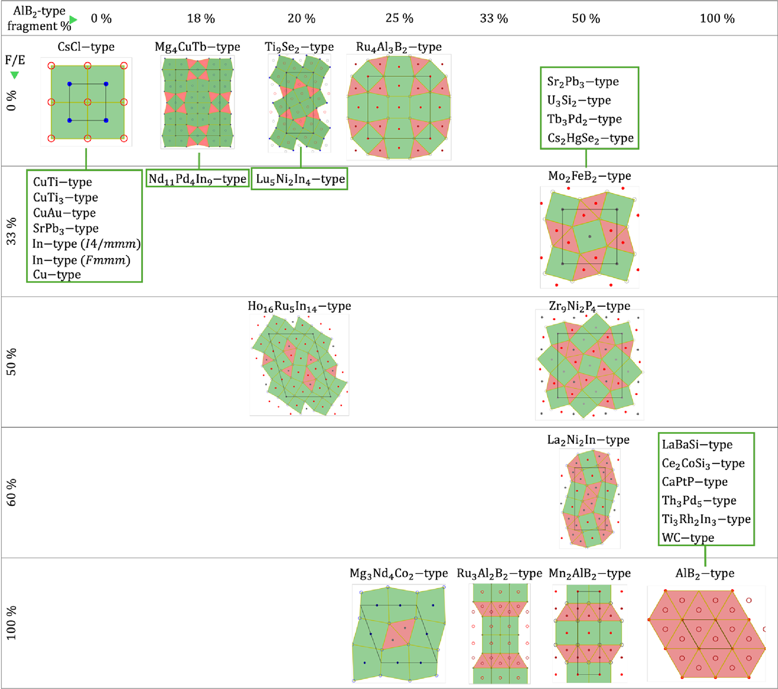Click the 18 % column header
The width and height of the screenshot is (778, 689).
(201, 18)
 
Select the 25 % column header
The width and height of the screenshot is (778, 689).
(399, 18)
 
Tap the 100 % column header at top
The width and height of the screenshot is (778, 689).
(717, 18)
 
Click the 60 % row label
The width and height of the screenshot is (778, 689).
(11, 492)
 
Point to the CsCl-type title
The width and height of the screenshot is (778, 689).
(86, 47)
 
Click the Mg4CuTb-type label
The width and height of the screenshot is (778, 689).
(197, 47)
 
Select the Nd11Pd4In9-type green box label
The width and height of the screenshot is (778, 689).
(198, 179)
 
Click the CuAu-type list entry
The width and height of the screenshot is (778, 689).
(65, 213)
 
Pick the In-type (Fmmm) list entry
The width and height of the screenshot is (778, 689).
(81, 260)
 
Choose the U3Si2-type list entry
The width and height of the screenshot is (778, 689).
(579, 101)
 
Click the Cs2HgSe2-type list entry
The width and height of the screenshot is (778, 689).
(590, 138)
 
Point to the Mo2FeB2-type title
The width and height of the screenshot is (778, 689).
(590, 176)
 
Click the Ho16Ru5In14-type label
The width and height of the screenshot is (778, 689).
(299, 306)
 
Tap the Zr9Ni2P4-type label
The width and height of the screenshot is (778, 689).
(590, 306)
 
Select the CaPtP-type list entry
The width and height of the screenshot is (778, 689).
(695, 482)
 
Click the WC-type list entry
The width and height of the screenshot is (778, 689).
(688, 537)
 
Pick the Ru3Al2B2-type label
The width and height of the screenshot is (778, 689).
(499, 574)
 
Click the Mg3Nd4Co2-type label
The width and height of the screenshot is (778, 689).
(399, 574)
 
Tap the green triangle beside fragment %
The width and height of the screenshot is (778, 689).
(73, 20)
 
